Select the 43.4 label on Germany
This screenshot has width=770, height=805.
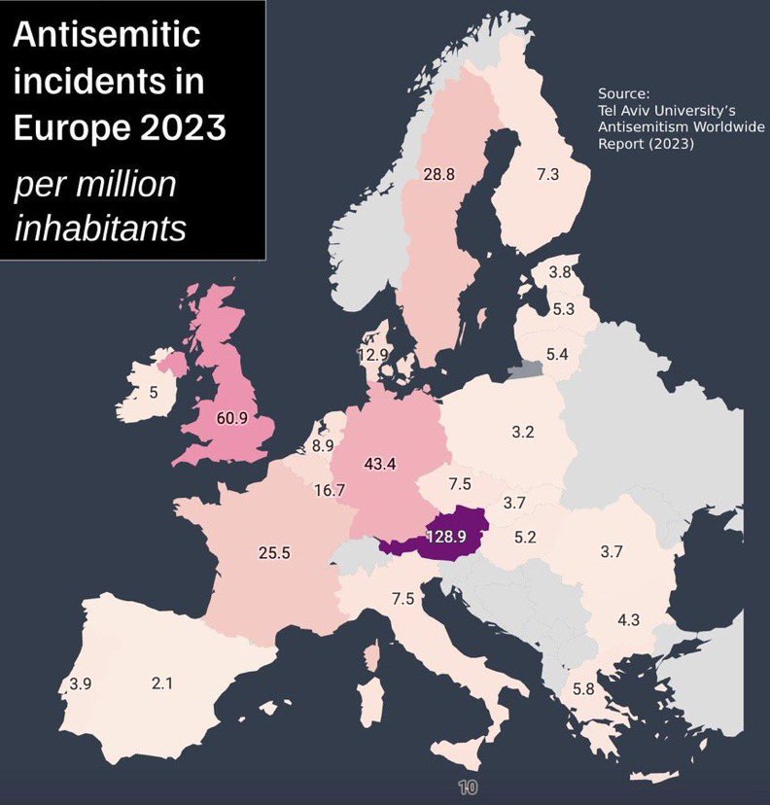pyautogui.click(x=379, y=464)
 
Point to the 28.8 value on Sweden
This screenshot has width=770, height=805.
pyautogui.click(x=439, y=175)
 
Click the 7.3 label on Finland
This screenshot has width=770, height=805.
pyautogui.click(x=547, y=174)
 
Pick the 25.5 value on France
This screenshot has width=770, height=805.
pyautogui.click(x=274, y=552)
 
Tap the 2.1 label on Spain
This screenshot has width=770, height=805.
pyautogui.click(x=161, y=683)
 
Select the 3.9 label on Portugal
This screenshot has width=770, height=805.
pyautogui.click(x=80, y=683)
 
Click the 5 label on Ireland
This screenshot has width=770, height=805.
pyautogui.click(x=153, y=393)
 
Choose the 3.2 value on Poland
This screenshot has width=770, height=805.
pyautogui.click(x=523, y=431)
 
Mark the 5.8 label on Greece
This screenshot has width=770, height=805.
pyautogui.click(x=583, y=689)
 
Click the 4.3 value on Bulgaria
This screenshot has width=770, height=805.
pyautogui.click(x=628, y=620)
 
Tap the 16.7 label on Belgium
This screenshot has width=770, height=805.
pyautogui.click(x=330, y=490)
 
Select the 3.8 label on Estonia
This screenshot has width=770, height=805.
pyautogui.click(x=559, y=272)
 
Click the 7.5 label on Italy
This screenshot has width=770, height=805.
pyautogui.click(x=403, y=600)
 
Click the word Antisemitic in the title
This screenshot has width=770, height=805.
pyautogui.click(x=106, y=36)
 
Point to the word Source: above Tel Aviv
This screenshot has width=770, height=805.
pyautogui.click(x=622, y=94)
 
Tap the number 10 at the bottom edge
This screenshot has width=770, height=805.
pyautogui.click(x=467, y=787)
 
